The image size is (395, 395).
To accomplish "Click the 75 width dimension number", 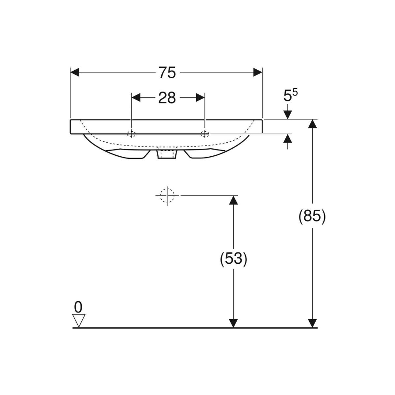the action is tap(168, 72).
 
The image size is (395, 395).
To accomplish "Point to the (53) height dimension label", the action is tap(233, 259).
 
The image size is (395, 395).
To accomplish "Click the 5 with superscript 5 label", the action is tap(290, 95).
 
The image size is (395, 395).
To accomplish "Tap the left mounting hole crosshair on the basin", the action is tap(131, 134).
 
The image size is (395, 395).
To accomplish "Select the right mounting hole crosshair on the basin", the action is tap(204, 134).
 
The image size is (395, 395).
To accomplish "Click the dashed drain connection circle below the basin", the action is tap(167, 196).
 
